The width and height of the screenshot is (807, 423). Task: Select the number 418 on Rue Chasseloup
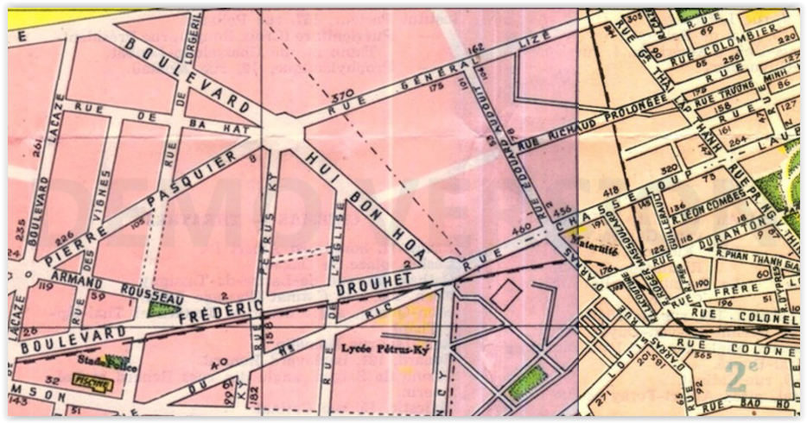[612, 192]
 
